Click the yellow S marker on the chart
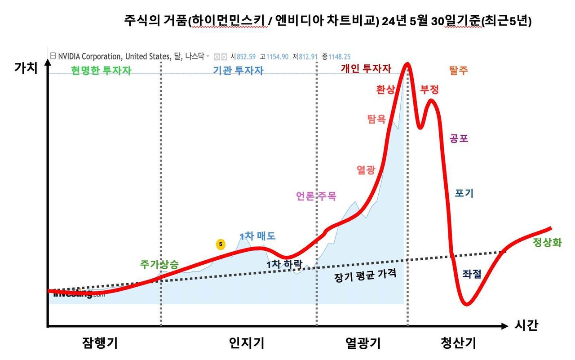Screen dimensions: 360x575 [x=220, y=244]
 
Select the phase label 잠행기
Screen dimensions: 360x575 [x=100, y=344]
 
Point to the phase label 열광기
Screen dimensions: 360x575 [x=363, y=344]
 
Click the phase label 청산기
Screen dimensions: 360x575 [x=458, y=344]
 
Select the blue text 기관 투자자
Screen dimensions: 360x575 [x=238, y=70]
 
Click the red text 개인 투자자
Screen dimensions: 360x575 [x=366, y=68]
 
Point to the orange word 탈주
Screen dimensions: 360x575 [x=458, y=70]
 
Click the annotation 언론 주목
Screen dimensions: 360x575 [x=316, y=196]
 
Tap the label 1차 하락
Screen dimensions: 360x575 [x=285, y=264]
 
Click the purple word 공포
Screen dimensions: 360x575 [x=459, y=138]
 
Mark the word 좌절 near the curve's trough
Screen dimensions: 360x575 [x=472, y=274]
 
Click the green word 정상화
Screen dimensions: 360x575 [x=547, y=243]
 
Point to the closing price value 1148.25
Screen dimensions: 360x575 [x=339, y=57]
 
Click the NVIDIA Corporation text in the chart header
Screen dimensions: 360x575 [x=89, y=57]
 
